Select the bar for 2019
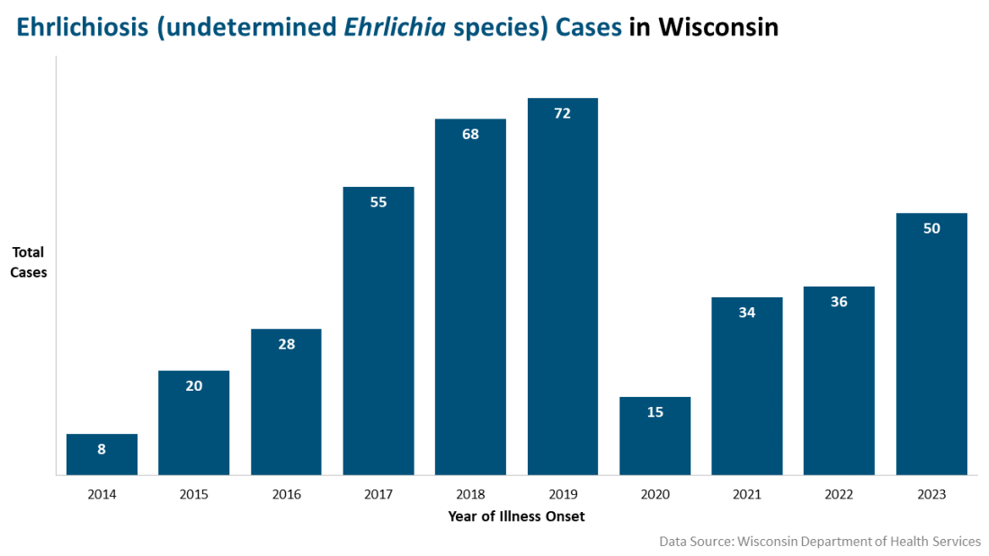pyautogui.click(x=563, y=287)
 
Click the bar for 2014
pyautogui.click(x=102, y=455)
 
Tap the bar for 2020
pyautogui.click(x=655, y=437)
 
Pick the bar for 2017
pyautogui.click(x=379, y=332)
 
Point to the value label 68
pyautogui.click(x=470, y=135)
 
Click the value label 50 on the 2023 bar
pyautogui.click(x=931, y=229)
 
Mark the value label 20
pyautogui.click(x=194, y=386)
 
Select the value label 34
pyautogui.click(x=747, y=313)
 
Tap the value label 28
pyautogui.click(x=286, y=344)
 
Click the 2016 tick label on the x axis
pyautogui.click(x=286, y=494)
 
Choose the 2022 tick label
pyautogui.click(x=839, y=494)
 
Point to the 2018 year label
pyautogui.click(x=470, y=494)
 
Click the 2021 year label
pyautogui.click(x=747, y=494)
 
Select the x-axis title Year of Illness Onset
pyautogui.click(x=516, y=516)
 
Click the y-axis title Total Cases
pyautogui.click(x=28, y=262)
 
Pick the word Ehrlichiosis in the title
pyautogui.click(x=80, y=28)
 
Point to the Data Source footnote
pyautogui.click(x=819, y=542)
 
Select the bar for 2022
pyautogui.click(x=839, y=382)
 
